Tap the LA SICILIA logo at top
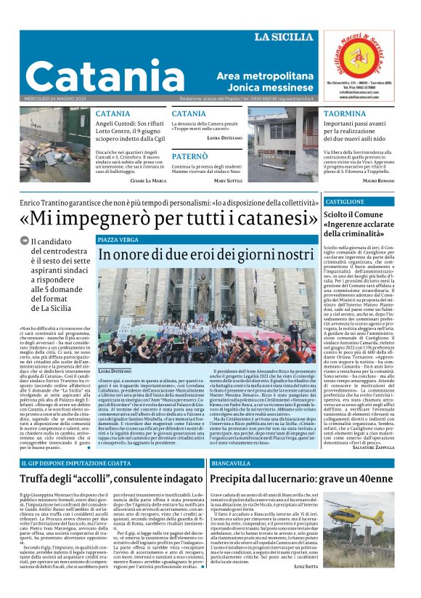coord(284,36)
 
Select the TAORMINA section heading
coord(345,114)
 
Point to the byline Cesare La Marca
coord(147,180)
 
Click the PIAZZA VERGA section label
coord(118,239)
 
